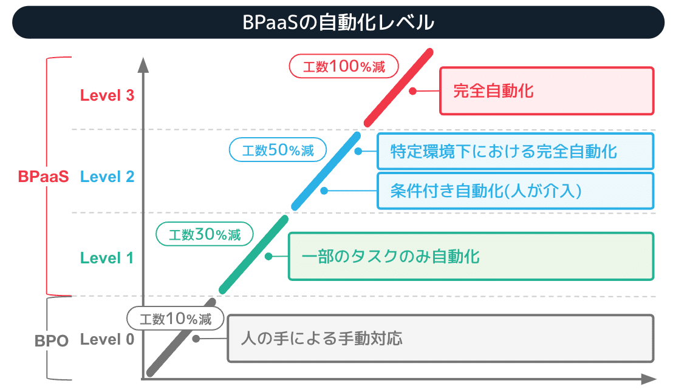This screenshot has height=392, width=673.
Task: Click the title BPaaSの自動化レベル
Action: click(x=338, y=22)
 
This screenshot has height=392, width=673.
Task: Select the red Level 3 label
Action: click(x=107, y=95)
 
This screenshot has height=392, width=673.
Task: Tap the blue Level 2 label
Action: click(x=107, y=177)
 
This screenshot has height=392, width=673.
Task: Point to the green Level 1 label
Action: click(x=106, y=258)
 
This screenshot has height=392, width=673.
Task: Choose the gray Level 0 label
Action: click(x=107, y=339)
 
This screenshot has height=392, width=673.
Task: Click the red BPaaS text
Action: click(x=43, y=177)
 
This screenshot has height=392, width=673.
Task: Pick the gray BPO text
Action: click(x=52, y=341)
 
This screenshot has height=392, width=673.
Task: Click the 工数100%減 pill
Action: click(x=344, y=66)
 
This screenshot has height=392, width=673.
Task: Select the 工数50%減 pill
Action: click(x=278, y=150)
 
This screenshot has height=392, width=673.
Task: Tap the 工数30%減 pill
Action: click(x=204, y=234)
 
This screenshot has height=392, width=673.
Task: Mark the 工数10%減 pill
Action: click(x=175, y=318)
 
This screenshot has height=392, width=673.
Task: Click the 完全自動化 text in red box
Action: click(x=493, y=91)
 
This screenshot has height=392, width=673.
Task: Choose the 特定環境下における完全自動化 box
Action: click(x=515, y=151)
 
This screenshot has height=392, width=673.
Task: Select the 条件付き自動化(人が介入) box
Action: click(x=515, y=191)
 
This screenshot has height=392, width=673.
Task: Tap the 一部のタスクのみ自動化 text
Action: click(x=391, y=257)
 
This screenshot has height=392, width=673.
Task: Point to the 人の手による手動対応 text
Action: click(x=322, y=339)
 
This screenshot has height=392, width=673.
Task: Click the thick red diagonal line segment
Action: click(x=398, y=87)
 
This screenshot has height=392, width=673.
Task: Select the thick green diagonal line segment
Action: click(x=254, y=255)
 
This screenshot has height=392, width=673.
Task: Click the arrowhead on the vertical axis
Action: click(x=143, y=64)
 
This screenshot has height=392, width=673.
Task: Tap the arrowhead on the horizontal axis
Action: click(x=649, y=379)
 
